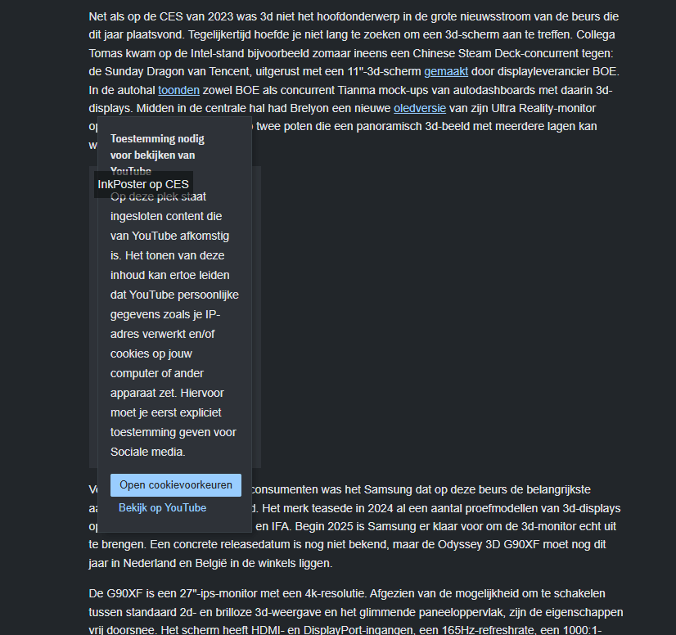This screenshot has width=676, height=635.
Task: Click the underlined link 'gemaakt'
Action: [x=446, y=71]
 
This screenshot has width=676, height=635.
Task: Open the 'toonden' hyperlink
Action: [x=178, y=89]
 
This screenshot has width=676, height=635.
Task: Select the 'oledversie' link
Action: [x=420, y=108]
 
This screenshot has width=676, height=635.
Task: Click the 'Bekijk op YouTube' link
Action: [x=162, y=508]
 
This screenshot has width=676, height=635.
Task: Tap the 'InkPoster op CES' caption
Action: [x=143, y=184]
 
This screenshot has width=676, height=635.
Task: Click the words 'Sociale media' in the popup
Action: [x=147, y=452]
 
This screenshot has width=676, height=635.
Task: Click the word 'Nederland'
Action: [x=151, y=563]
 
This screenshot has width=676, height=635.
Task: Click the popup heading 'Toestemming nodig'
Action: [x=157, y=139]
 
